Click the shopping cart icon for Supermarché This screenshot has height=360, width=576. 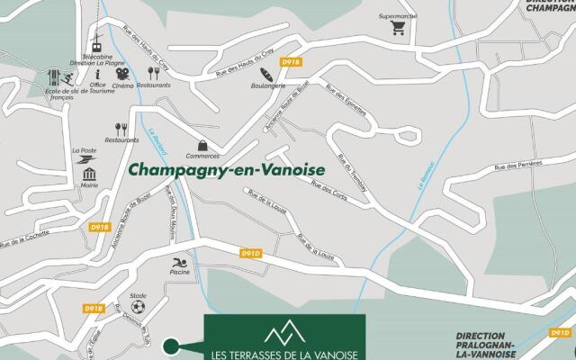tap(398, 28)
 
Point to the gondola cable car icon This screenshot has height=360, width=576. tap(94, 42)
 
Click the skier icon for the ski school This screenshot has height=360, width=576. tap(54, 76)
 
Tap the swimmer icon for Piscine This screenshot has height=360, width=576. tap(179, 264)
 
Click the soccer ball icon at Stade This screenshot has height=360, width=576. tap(138, 307)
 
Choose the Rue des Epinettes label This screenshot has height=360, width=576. tap(346, 100)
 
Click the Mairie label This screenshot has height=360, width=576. tap(89, 185)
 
